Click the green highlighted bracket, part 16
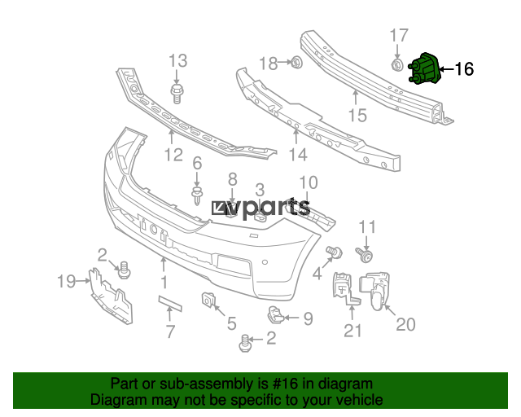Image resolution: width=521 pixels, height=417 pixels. (425, 68)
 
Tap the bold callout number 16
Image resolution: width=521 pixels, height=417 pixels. (464, 69)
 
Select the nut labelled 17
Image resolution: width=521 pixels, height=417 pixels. (396, 65)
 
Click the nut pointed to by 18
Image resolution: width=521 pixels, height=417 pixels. (296, 62)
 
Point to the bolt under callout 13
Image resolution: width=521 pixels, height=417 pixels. (177, 94)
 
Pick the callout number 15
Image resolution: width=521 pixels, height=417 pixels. (357, 116)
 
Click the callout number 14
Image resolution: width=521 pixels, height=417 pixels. (298, 155)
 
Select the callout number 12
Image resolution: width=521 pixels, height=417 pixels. (173, 155)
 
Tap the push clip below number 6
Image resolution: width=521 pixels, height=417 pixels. (197, 195)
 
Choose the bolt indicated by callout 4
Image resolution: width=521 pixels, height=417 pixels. (334, 252)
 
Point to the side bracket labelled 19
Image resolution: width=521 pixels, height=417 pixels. (111, 296)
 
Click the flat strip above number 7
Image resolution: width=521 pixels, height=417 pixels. (170, 303)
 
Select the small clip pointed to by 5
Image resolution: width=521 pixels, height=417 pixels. (208, 299)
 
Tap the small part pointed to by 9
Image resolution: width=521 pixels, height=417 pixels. (275, 314)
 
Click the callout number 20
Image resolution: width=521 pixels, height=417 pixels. (405, 324)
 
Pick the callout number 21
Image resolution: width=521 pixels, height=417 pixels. (352, 330)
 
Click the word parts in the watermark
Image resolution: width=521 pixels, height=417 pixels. (272, 208)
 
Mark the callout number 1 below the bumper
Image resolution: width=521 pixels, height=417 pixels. (164, 283)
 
